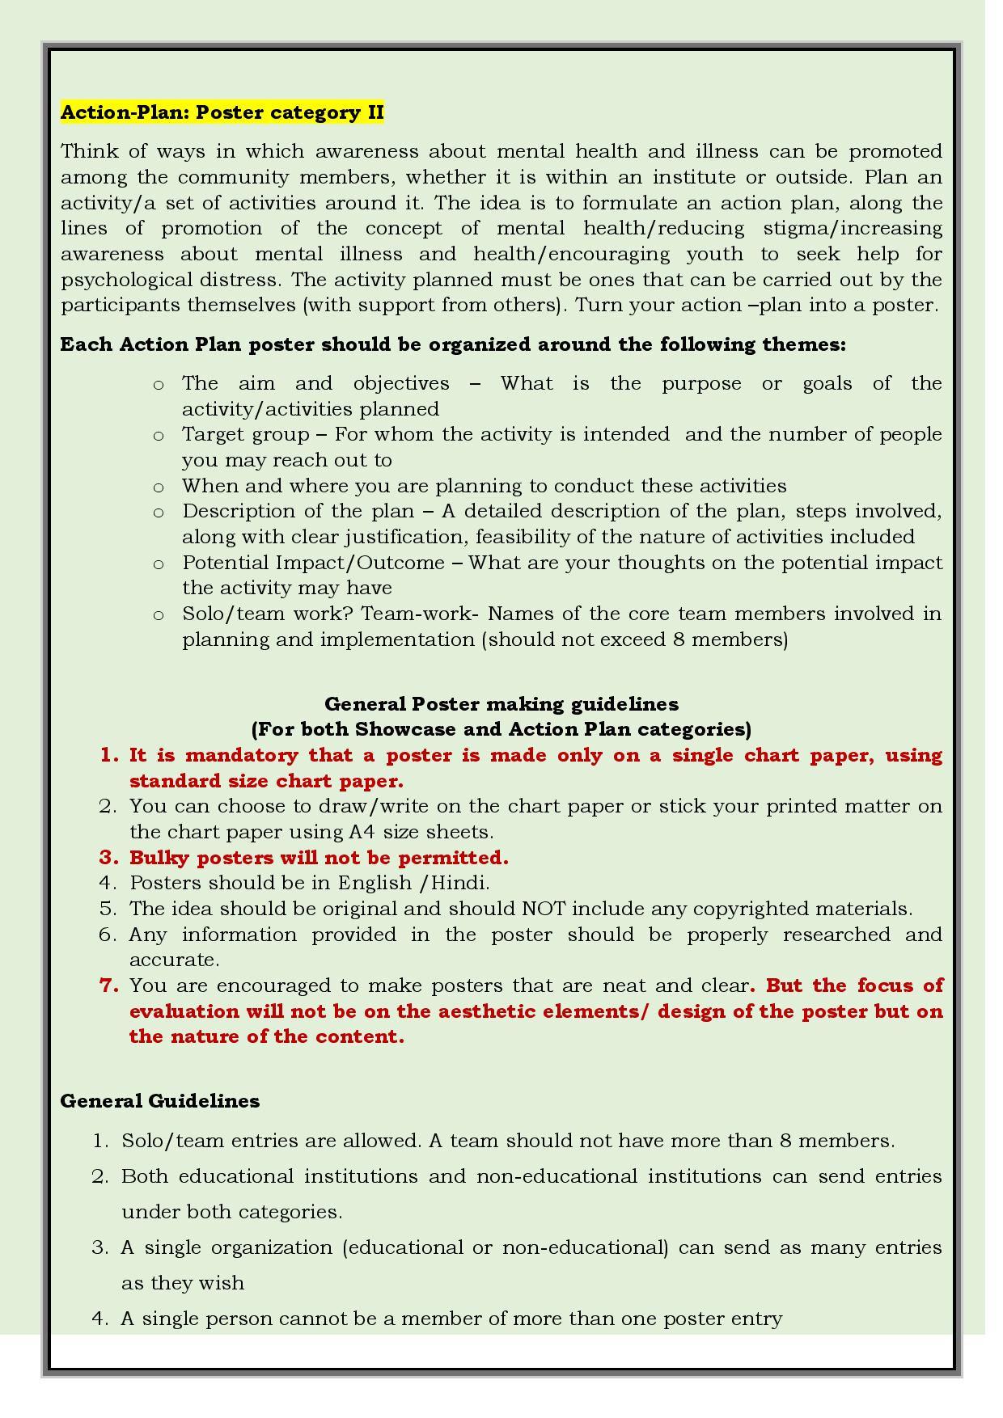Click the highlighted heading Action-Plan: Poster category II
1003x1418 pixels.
tap(222, 112)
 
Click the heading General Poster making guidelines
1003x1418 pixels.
tap(501, 703)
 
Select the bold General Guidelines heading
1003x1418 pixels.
tap(159, 1101)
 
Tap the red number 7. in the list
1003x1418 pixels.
tap(109, 985)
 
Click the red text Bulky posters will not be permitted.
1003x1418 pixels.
tap(319, 858)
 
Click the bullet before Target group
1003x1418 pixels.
tap(159, 436)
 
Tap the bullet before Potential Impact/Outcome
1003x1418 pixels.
tap(159, 563)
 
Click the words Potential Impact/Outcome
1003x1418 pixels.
tap(313, 563)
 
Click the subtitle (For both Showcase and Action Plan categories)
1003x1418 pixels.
tap(501, 729)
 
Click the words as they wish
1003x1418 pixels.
tap(182, 1283)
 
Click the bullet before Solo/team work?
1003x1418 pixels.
tap(159, 614)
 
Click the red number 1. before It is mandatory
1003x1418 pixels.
tap(109, 755)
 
